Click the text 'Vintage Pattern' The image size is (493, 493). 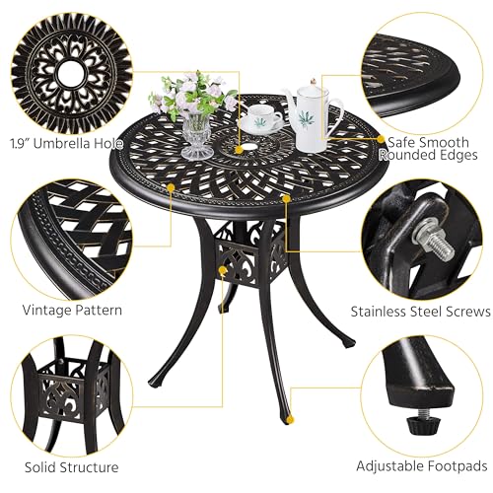pyautogui.click(x=72, y=310)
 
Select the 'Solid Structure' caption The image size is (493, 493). pyautogui.click(x=72, y=466)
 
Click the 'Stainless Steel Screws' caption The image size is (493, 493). pyautogui.click(x=421, y=311)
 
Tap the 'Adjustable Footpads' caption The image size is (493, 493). pyautogui.click(x=422, y=466)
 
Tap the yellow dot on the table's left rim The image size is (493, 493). pyautogui.click(x=173, y=185)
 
